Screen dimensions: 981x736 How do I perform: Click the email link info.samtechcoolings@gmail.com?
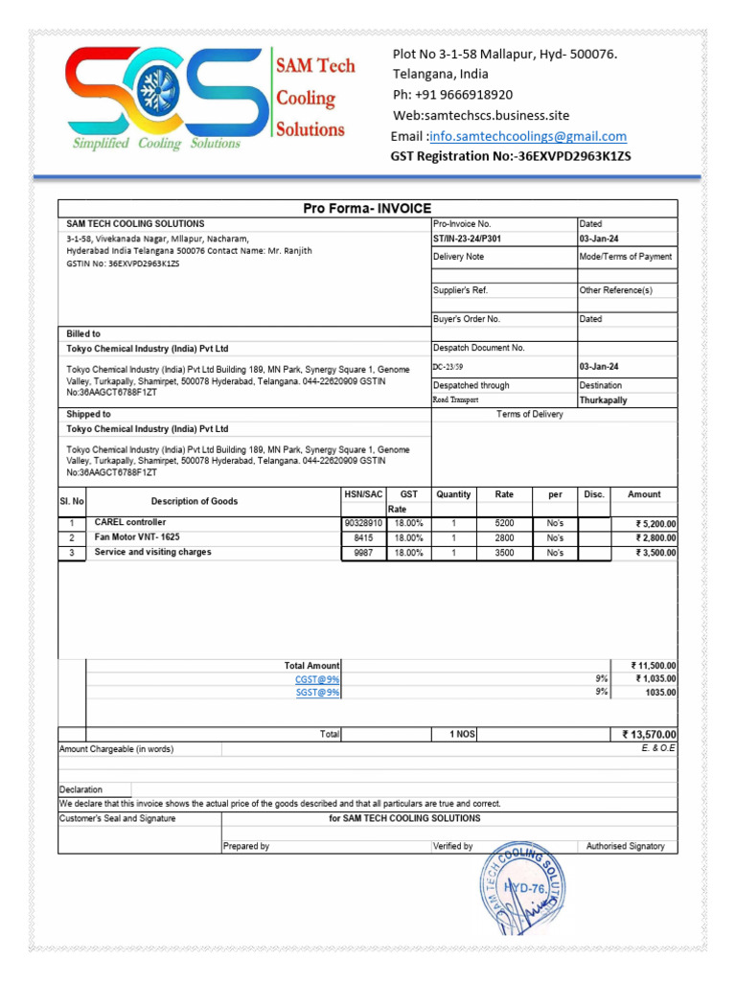pyautogui.click(x=528, y=136)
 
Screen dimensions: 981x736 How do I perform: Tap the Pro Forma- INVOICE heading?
pyautogui.click(x=367, y=208)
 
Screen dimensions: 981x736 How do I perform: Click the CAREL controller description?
pyautogui.click(x=130, y=523)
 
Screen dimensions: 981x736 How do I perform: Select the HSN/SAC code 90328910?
pyautogui.click(x=362, y=524)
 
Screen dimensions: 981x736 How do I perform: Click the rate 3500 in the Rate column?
pyautogui.click(x=504, y=554)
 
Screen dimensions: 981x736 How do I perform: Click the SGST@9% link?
pyautogui.click(x=317, y=693)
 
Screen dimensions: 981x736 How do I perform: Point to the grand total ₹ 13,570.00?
pyautogui.click(x=649, y=735)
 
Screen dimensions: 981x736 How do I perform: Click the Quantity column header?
pyautogui.click(x=453, y=495)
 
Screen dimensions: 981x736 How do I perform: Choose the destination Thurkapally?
pyautogui.click(x=604, y=400)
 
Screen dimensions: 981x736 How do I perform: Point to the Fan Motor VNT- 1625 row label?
pyautogui.click(x=137, y=537)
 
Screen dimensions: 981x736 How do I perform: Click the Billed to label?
pyautogui.click(x=83, y=333)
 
